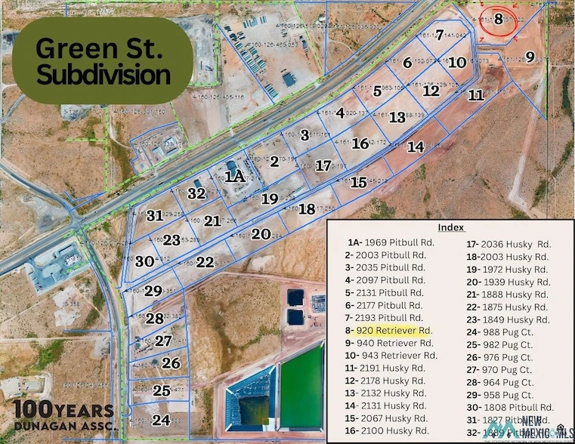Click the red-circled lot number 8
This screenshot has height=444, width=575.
(498, 20)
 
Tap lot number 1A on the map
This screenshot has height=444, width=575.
(234, 177)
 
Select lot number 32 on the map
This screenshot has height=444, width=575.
(197, 193)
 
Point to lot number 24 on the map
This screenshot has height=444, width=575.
(161, 420)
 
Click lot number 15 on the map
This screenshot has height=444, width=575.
(359, 182)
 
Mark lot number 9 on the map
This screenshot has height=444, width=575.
(530, 57)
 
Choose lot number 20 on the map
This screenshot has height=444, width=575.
(261, 234)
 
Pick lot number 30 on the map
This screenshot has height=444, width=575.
(145, 261)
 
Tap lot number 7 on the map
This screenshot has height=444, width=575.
(439, 34)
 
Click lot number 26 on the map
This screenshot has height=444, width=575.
(171, 363)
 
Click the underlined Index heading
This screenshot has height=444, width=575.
(450, 227)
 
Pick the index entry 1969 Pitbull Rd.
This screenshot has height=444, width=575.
(386, 242)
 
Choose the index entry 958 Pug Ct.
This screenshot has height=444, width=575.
(505, 394)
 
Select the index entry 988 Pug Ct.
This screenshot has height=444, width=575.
(505, 331)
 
